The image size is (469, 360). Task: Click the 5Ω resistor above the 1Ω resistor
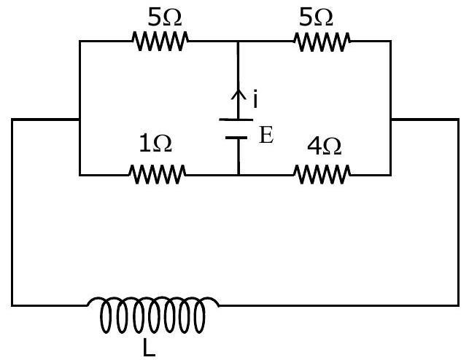pyautogui.click(x=160, y=41)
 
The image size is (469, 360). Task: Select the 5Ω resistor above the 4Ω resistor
pyautogui.click(x=322, y=42)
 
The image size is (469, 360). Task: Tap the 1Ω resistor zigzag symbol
pyautogui.click(x=158, y=174)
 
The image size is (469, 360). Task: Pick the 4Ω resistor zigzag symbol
pyautogui.click(x=322, y=174)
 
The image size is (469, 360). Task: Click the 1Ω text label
pyautogui.click(x=155, y=144)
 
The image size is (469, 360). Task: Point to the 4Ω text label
pyautogui.click(x=325, y=146)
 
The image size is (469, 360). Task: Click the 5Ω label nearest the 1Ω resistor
pyautogui.click(x=165, y=17)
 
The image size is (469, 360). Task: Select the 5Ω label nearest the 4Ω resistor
pyautogui.click(x=316, y=17)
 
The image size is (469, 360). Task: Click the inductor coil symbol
pyautogui.click(x=153, y=313)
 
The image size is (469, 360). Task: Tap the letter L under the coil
pyautogui.click(x=149, y=348)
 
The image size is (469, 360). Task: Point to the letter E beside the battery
pyautogui.click(x=266, y=135)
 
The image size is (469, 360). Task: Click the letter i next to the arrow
pyautogui.click(x=255, y=98)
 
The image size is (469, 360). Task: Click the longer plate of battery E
pyautogui.click(x=236, y=120)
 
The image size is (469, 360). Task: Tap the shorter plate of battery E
pyautogui.click(x=236, y=138)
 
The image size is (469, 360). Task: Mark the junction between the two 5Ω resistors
pyautogui.click(x=238, y=42)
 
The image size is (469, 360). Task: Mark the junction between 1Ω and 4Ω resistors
pyautogui.click(x=239, y=175)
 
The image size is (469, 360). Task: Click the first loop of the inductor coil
pyautogui.click(x=105, y=316)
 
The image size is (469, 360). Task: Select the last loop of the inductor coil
pyautogui.click(x=200, y=316)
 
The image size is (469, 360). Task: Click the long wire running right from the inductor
pyautogui.click(x=338, y=305)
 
